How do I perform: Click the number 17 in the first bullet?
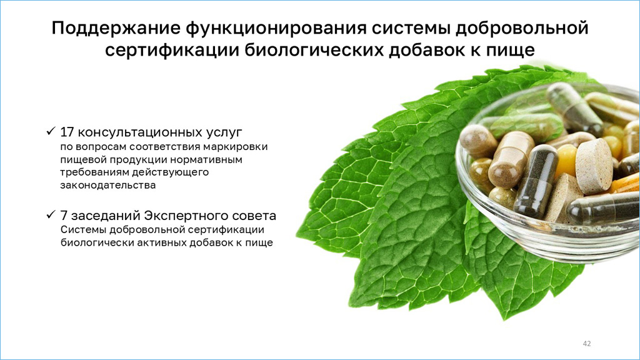pyautogui.click(x=67, y=132)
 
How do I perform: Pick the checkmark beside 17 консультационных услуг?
pyautogui.click(x=51, y=131)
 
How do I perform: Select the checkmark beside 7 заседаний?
pyautogui.click(x=51, y=214)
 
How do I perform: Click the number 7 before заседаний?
pyautogui.click(x=63, y=216)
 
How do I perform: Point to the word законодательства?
pyautogui.click(x=107, y=185)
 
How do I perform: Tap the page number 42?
pyautogui.click(x=586, y=344)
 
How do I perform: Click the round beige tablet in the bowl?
pyautogui.click(x=593, y=166)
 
